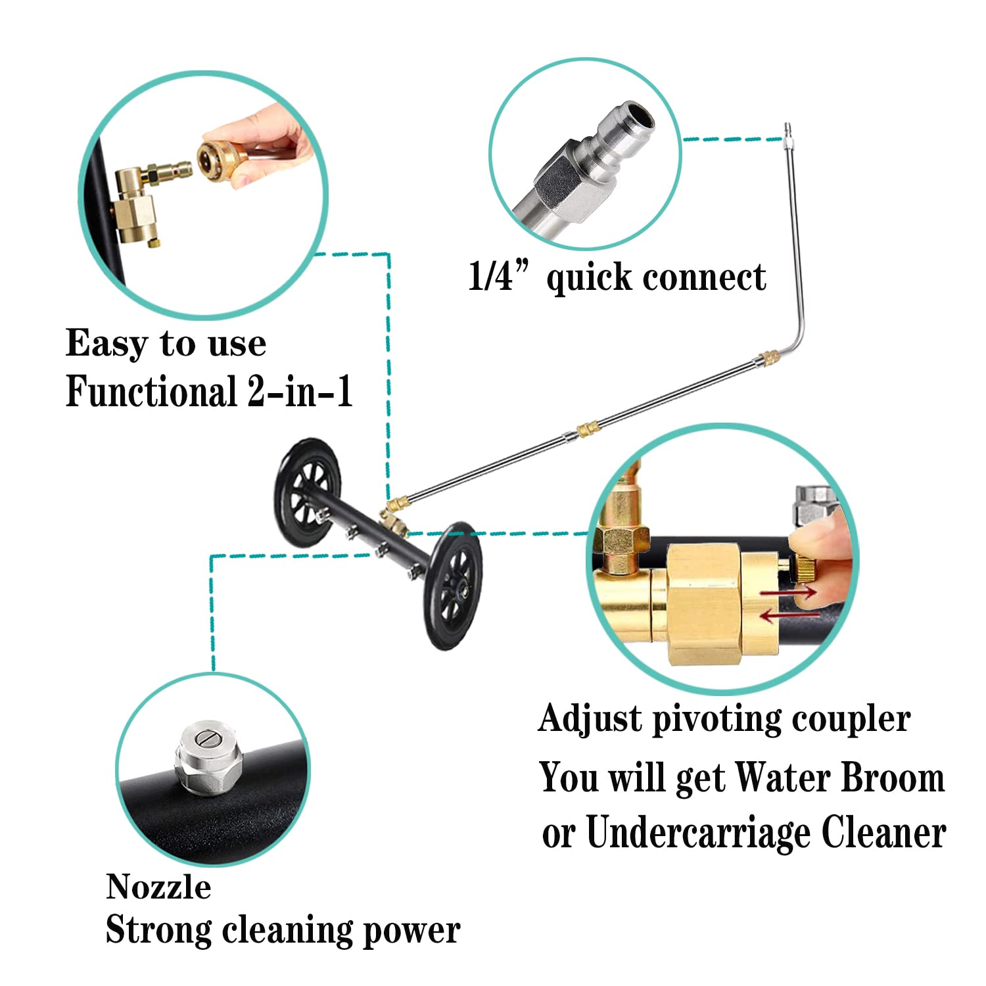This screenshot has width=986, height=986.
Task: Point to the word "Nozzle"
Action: pyautogui.click(x=158, y=887)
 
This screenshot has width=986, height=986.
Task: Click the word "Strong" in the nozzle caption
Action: pyautogui.click(x=158, y=931)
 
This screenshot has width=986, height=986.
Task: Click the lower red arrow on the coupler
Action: pyautogui.click(x=789, y=615)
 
